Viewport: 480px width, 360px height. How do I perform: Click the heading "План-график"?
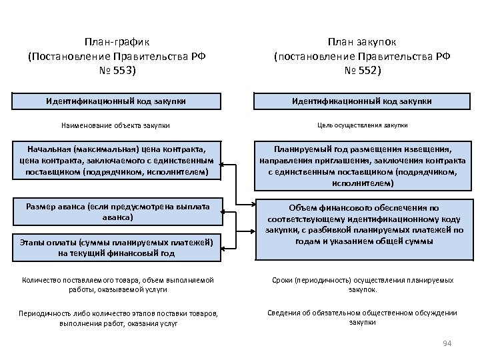(x=117, y=41)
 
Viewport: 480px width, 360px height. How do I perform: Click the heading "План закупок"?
(x=363, y=41)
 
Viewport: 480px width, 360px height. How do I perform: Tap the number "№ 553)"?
(x=117, y=70)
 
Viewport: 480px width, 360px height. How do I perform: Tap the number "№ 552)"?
(x=363, y=70)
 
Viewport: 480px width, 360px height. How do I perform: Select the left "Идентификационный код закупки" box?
(x=116, y=101)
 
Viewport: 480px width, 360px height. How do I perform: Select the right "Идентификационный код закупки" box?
(x=362, y=101)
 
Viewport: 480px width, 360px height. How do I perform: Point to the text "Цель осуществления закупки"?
(x=362, y=125)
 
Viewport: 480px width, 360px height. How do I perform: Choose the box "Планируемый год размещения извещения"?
(x=362, y=166)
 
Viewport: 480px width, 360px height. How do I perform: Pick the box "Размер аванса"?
(x=116, y=212)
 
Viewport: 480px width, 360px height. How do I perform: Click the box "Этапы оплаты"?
(x=116, y=247)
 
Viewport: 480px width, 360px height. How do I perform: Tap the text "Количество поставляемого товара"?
(x=117, y=285)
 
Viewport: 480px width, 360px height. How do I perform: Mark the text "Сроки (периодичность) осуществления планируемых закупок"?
(x=362, y=285)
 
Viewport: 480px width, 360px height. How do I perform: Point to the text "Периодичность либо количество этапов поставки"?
(x=117, y=318)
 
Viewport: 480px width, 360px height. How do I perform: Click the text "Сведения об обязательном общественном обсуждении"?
(x=362, y=317)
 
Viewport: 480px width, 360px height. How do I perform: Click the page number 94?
(x=447, y=343)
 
